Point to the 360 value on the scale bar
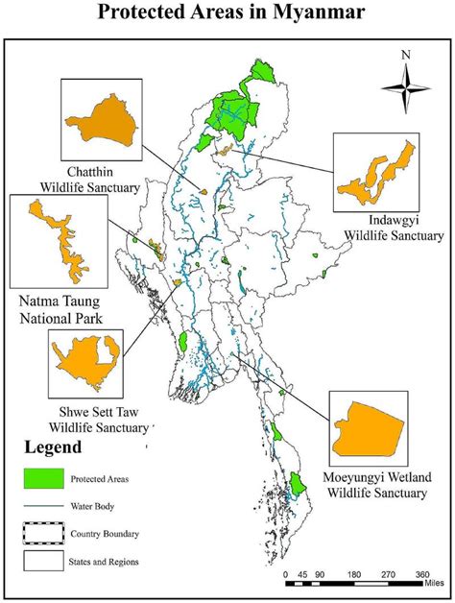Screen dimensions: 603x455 (x=421, y=574)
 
